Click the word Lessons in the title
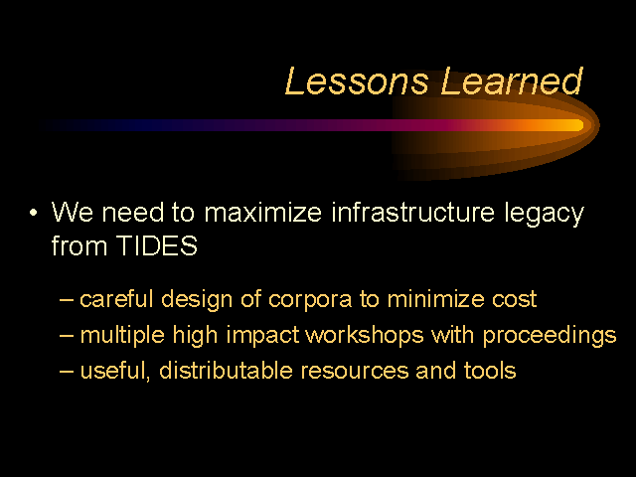(x=357, y=81)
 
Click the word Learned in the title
(x=512, y=80)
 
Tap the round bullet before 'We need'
(x=33, y=212)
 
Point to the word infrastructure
(x=413, y=212)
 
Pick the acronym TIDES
(x=157, y=245)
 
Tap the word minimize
(x=435, y=299)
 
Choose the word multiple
(x=122, y=336)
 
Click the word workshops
(x=364, y=336)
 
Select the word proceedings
(x=550, y=336)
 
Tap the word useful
(x=115, y=371)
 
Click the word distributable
(x=226, y=370)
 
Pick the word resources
(x=355, y=371)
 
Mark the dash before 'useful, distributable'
(x=67, y=371)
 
